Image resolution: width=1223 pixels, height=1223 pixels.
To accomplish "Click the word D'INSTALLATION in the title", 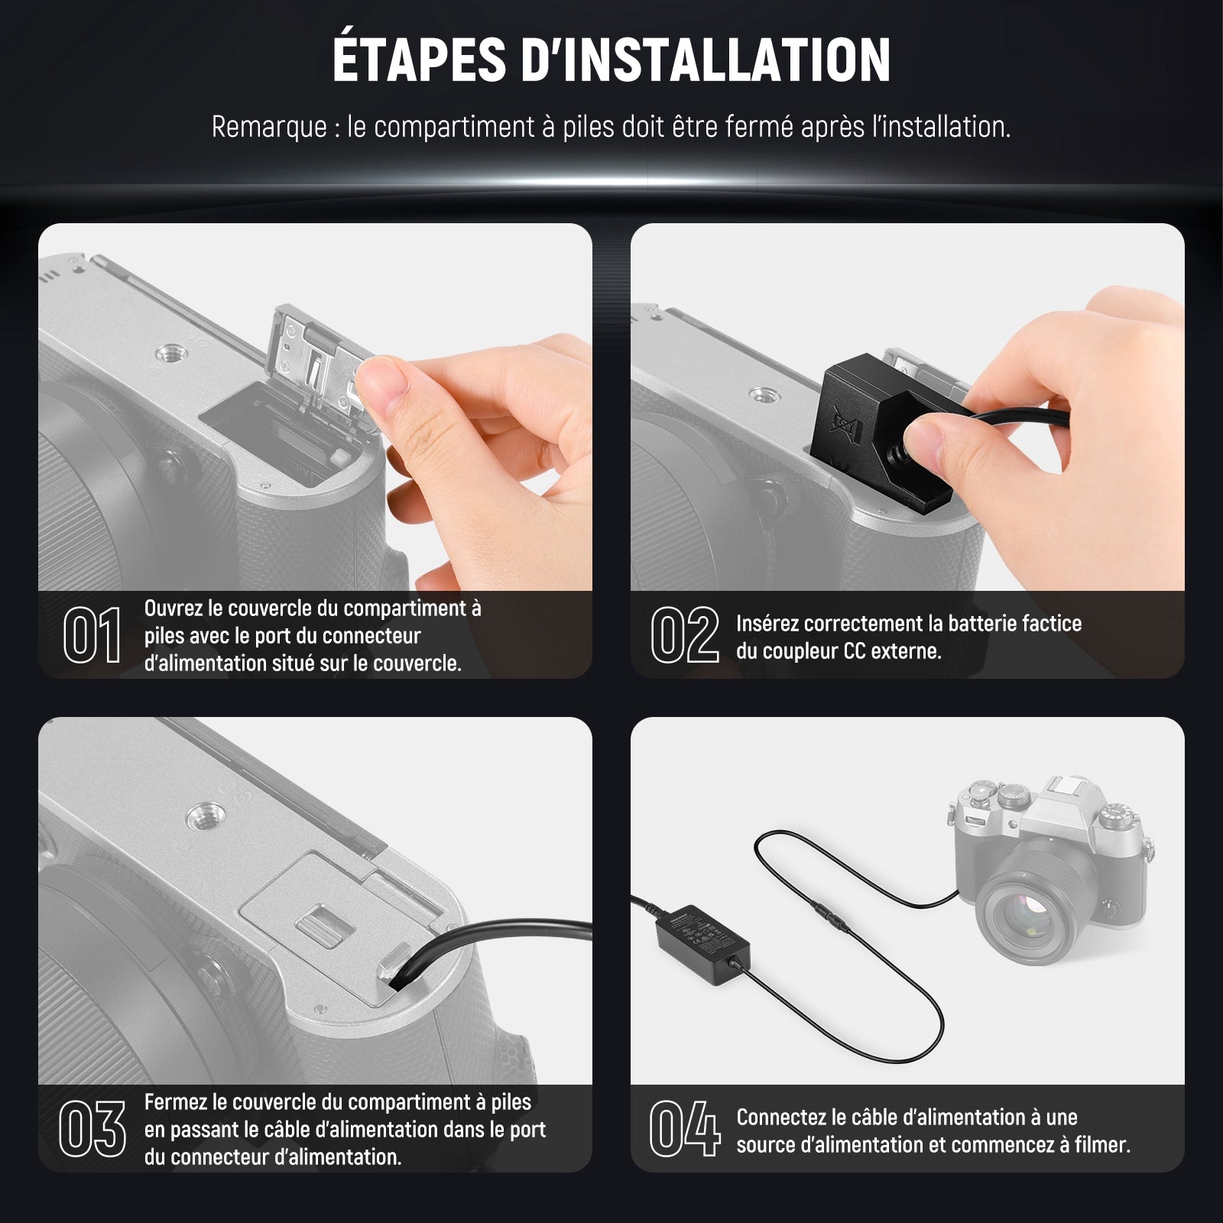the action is click(x=706, y=59).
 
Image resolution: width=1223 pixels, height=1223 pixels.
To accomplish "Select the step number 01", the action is click(x=92, y=634).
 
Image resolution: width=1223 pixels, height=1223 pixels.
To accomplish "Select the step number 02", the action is click(x=684, y=634).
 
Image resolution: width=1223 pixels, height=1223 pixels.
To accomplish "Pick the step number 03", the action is click(x=92, y=1128).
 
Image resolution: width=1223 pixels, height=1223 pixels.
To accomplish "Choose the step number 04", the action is click(x=684, y=1128).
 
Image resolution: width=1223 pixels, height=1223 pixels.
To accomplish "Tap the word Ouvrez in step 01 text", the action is click(x=173, y=608).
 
